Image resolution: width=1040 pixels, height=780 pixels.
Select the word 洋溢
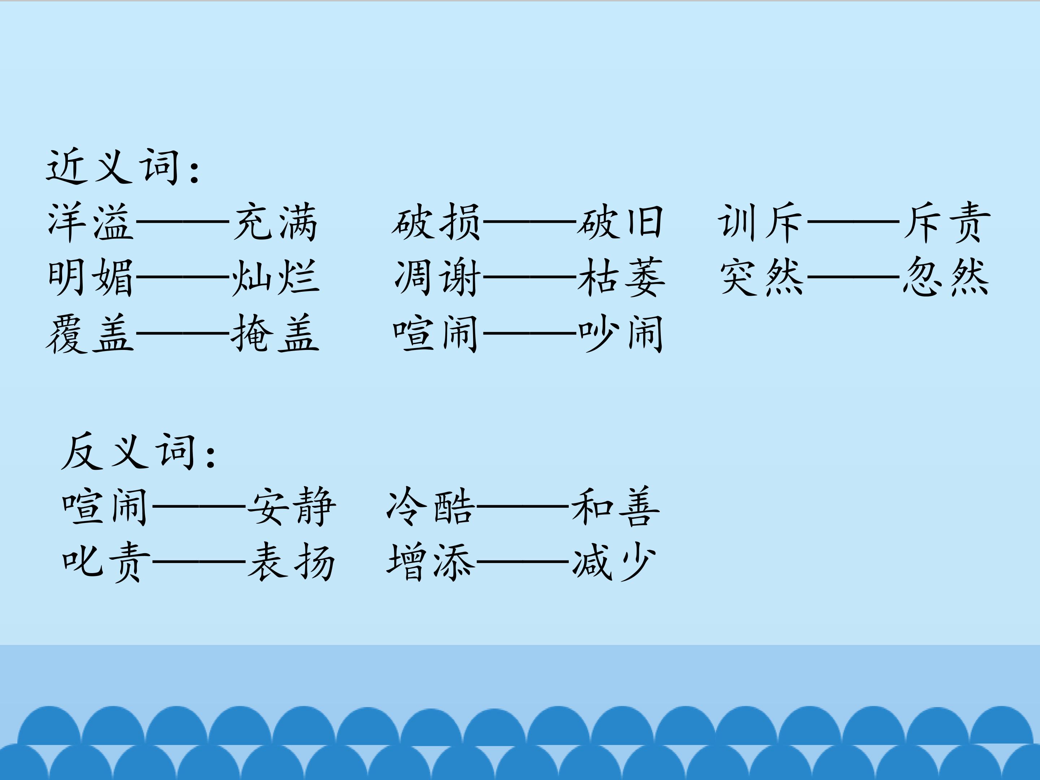[x=90, y=222]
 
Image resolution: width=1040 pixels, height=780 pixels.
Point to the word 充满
[x=276, y=222]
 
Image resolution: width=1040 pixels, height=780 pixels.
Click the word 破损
[x=436, y=222]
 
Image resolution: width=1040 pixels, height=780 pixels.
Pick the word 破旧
[x=620, y=222]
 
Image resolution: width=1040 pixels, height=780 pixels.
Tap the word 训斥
[x=760, y=222]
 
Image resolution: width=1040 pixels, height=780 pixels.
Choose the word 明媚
[x=90, y=277]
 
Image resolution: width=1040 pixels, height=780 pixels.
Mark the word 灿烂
[x=276, y=277]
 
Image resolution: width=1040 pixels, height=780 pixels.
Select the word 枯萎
[x=621, y=277]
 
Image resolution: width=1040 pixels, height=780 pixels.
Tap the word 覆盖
[x=89, y=333]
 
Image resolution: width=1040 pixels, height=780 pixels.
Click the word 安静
[x=291, y=506]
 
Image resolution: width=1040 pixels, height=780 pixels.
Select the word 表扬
[x=291, y=562]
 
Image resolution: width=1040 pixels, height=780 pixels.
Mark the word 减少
[x=614, y=562]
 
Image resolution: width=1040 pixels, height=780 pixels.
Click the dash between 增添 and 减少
[x=523, y=562]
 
